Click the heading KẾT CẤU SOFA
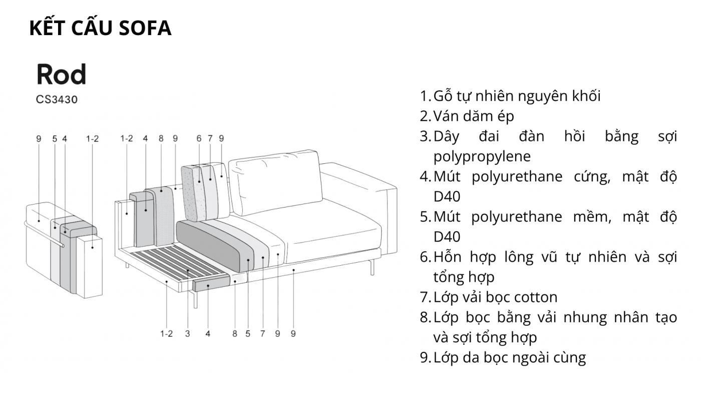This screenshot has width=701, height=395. pyautogui.click(x=100, y=28)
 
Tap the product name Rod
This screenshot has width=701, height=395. pyautogui.click(x=61, y=74)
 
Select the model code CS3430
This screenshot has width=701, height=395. pyautogui.click(x=57, y=99)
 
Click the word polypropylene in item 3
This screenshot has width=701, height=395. pyautogui.click(x=482, y=156)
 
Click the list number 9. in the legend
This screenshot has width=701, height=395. pyautogui.click(x=425, y=358)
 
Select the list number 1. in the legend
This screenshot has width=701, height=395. pyautogui.click(x=425, y=96)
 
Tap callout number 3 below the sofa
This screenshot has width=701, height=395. pyautogui.click(x=187, y=334)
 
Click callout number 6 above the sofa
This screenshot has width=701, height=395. pyautogui.click(x=199, y=138)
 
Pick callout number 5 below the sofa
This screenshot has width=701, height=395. pyautogui.click(x=247, y=334)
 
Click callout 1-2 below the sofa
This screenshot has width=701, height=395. pyautogui.click(x=166, y=334)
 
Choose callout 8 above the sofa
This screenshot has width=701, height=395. pyautogui.click(x=161, y=138)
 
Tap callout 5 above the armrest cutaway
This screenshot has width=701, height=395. pyautogui.click(x=55, y=139)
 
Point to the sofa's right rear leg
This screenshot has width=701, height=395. pyautogui.click(x=372, y=267)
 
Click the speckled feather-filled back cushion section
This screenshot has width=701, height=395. pyautogui.click(x=193, y=193)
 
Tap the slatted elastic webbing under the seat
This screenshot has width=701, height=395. pyautogui.click(x=179, y=263)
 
